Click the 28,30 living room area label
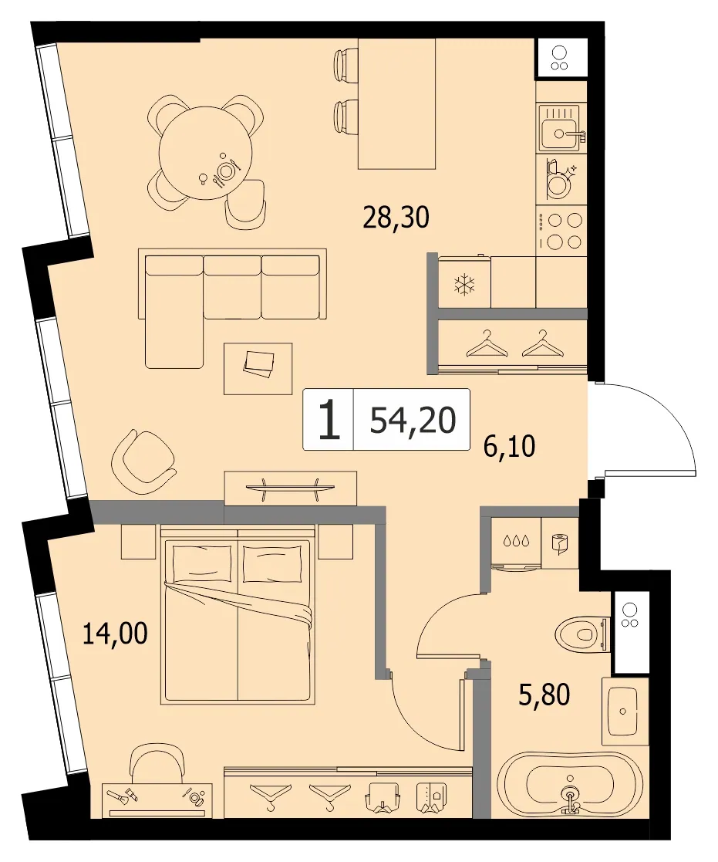[x=396, y=217]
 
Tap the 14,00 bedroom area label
[x=115, y=634]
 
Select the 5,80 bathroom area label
[x=544, y=695]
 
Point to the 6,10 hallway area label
[x=509, y=446]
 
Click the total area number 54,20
[x=413, y=421]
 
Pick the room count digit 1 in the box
[x=329, y=420]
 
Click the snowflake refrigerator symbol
[x=465, y=285]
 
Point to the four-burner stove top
[x=561, y=231]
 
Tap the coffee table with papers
[x=258, y=368]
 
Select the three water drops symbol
[x=517, y=540]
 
